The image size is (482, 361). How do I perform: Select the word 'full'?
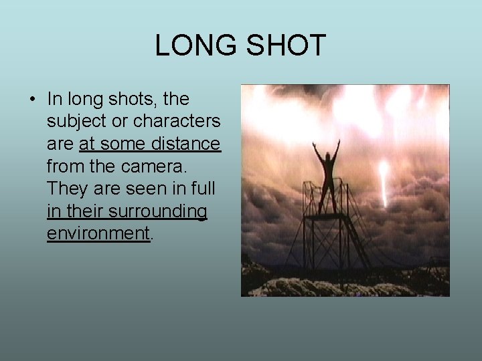[202, 189]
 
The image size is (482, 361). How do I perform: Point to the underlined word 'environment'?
[98, 233]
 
